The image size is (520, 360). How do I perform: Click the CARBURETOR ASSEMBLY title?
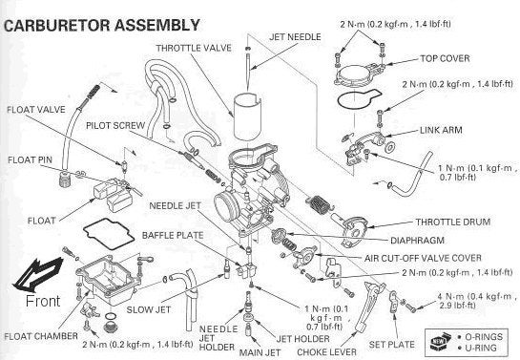tap(102, 26)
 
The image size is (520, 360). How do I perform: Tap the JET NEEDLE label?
tap(295, 37)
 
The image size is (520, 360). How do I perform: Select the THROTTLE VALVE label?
tap(194, 48)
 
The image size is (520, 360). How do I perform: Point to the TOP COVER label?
tap(445, 59)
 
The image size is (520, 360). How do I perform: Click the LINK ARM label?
tap(441, 130)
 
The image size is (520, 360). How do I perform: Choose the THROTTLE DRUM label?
tap(453, 222)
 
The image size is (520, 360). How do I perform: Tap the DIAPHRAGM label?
tap(417, 241)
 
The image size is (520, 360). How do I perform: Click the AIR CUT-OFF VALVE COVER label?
tap(423, 258)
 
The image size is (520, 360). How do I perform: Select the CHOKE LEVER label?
tap(326, 352)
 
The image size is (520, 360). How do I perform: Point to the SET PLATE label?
tap(391, 345)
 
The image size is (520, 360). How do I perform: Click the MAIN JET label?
tap(260, 352)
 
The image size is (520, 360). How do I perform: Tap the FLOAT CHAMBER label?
tap(41, 336)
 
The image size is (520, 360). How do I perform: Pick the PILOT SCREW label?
tap(115, 126)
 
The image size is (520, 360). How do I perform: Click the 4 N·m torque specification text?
tap(477, 301)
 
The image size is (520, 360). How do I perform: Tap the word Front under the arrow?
tap(43, 301)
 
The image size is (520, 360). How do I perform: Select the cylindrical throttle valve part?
tap(247, 116)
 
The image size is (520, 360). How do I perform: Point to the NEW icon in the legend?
tap(441, 342)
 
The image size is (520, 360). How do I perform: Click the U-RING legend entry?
tap(480, 348)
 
